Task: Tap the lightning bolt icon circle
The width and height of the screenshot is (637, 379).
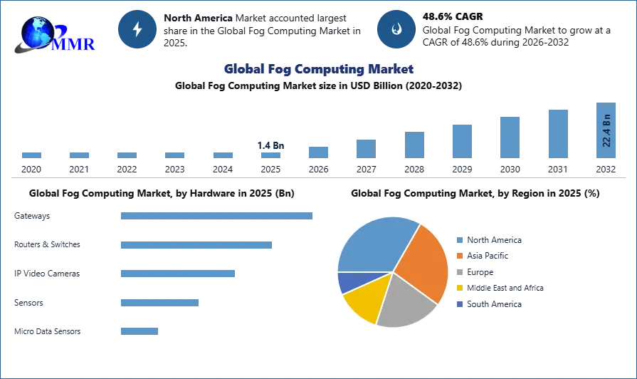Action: click(x=137, y=29)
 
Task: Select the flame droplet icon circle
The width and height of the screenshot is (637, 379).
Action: click(x=396, y=29)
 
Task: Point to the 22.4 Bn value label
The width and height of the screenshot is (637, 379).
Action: click(x=606, y=130)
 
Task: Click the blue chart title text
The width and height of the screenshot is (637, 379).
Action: click(x=318, y=69)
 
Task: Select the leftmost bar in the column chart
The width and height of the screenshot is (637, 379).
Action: click(x=31, y=154)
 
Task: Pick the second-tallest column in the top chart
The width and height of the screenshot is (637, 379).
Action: click(x=558, y=134)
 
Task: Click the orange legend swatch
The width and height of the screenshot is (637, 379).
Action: click(x=461, y=256)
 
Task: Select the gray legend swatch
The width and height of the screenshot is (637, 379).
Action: click(x=461, y=274)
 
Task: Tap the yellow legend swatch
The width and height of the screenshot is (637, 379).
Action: click(x=461, y=288)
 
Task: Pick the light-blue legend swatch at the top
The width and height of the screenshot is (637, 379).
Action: click(x=461, y=239)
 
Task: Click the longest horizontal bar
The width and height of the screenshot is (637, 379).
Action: click(x=216, y=217)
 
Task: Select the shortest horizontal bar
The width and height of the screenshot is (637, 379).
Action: click(x=139, y=331)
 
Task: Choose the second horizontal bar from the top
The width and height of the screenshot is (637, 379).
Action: click(x=196, y=245)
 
